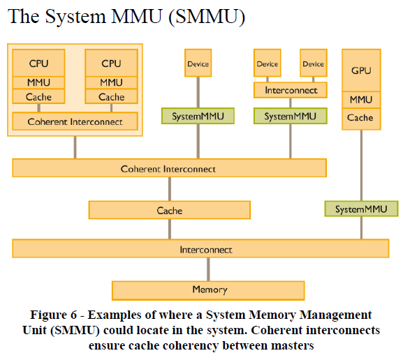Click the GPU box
click(360, 70)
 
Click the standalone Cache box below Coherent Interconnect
click(169, 210)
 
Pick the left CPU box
click(39, 63)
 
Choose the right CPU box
click(111, 63)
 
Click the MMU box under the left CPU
click(39, 82)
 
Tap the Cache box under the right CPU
click(111, 97)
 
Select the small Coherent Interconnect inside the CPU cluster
click(75, 121)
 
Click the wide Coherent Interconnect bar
click(168, 169)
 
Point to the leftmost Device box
click(198, 63)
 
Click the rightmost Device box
click(314, 63)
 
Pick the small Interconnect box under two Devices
click(291, 90)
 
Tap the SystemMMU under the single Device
click(198, 116)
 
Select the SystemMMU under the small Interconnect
click(291, 116)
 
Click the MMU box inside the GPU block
click(360, 100)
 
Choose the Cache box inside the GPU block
click(360, 118)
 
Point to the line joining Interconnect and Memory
click(207, 269)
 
